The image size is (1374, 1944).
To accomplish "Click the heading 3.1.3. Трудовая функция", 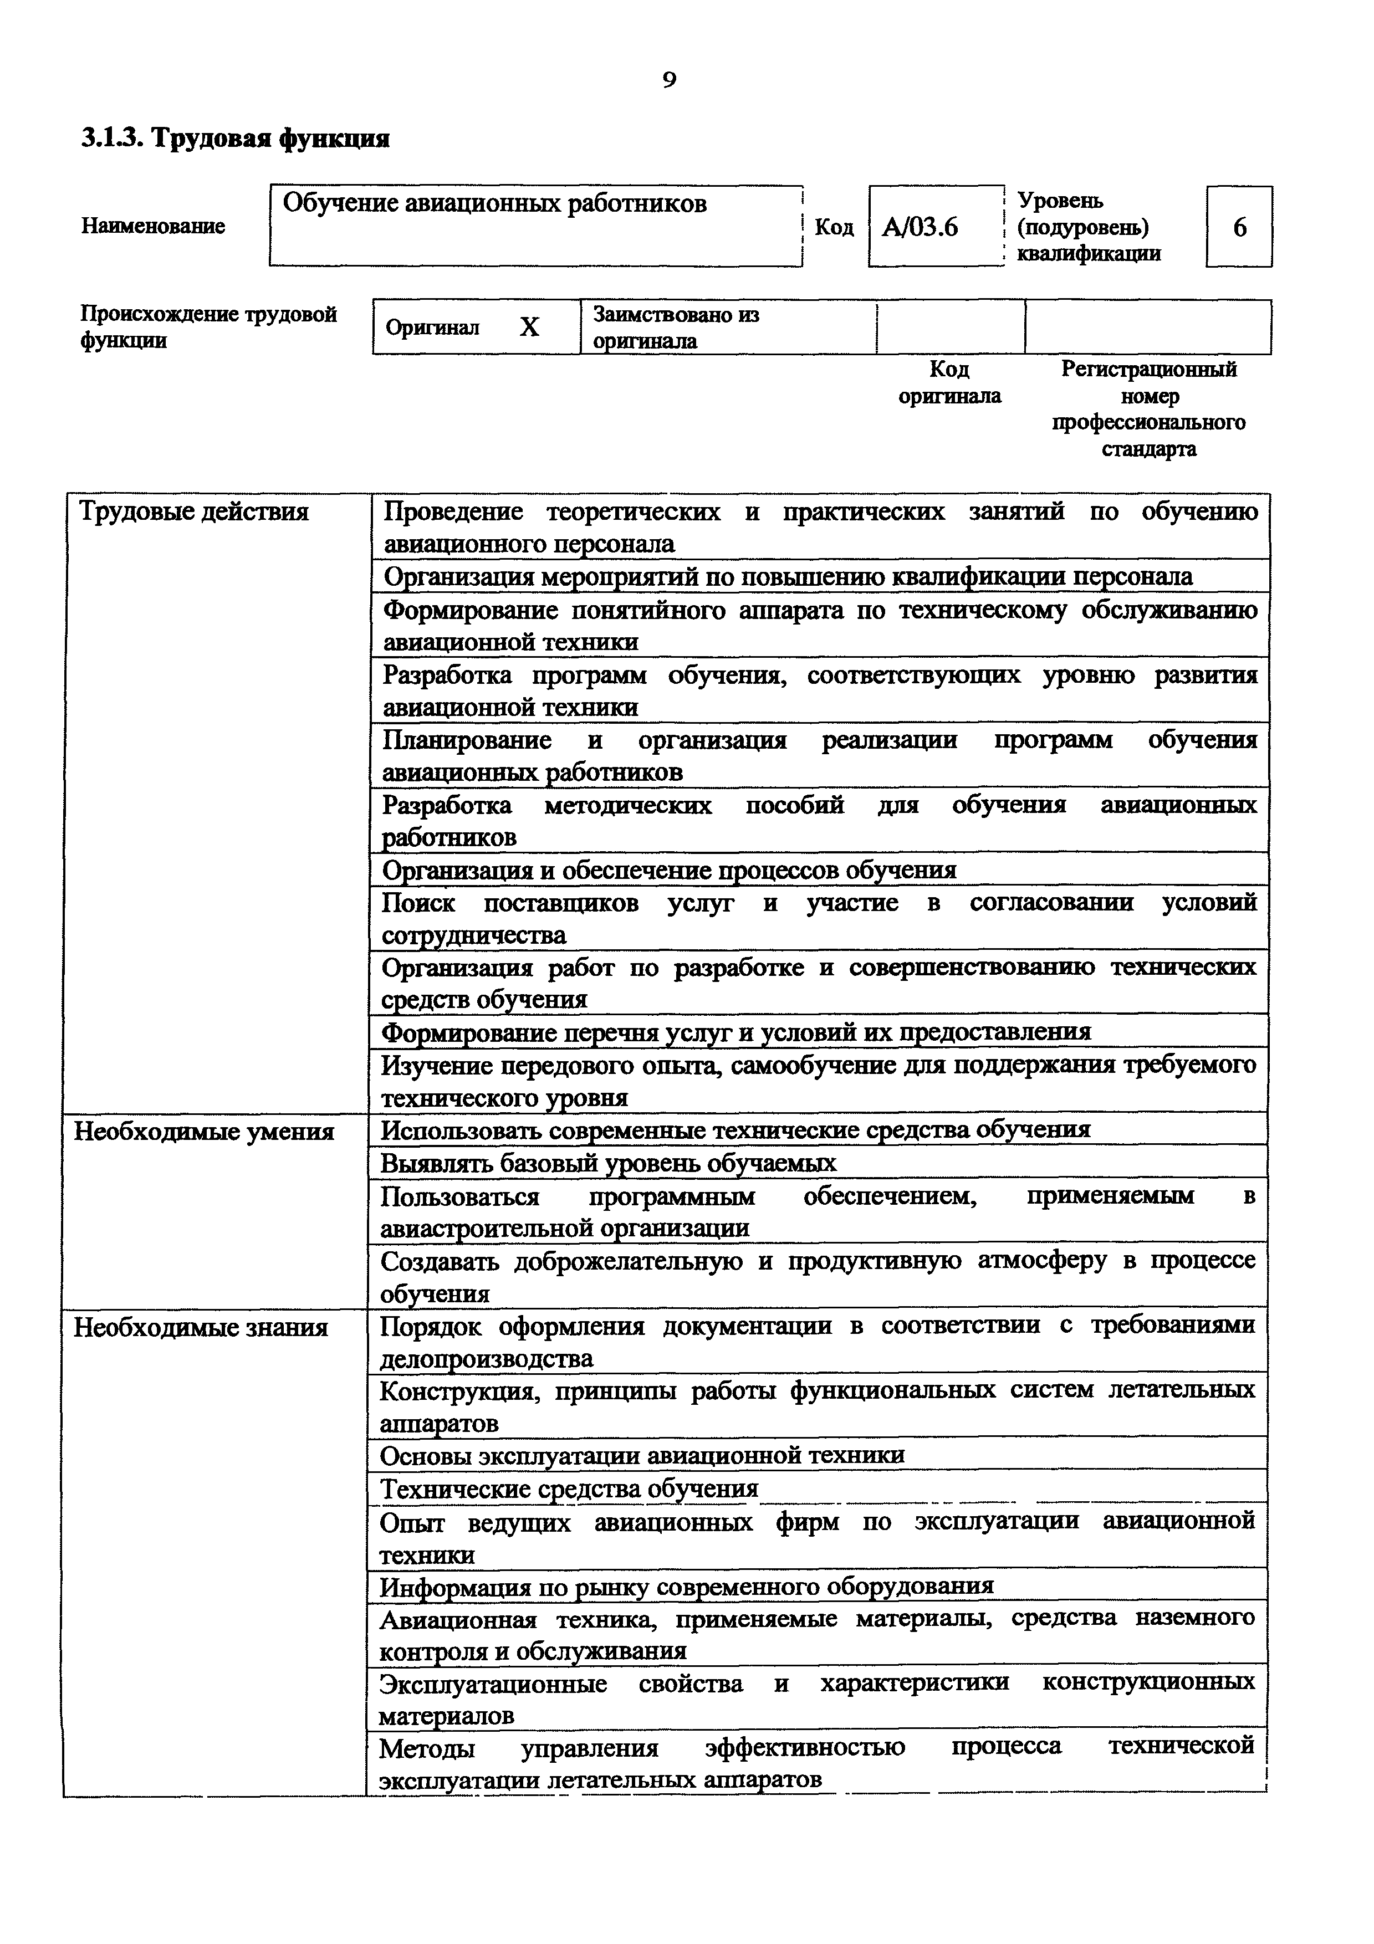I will [x=236, y=138].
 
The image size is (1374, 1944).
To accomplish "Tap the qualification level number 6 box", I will [x=1239, y=227].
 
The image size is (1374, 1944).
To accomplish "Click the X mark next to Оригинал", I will [x=529, y=327].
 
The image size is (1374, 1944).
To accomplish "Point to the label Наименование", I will [x=153, y=226].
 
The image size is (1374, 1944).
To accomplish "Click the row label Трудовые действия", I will [x=194, y=512].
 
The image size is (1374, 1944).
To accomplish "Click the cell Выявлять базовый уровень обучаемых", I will [x=608, y=1163].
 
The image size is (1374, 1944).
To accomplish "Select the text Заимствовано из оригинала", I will [x=676, y=328].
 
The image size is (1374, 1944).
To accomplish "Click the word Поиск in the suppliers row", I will [x=418, y=903].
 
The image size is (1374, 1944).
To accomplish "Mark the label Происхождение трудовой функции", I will [x=208, y=327].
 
